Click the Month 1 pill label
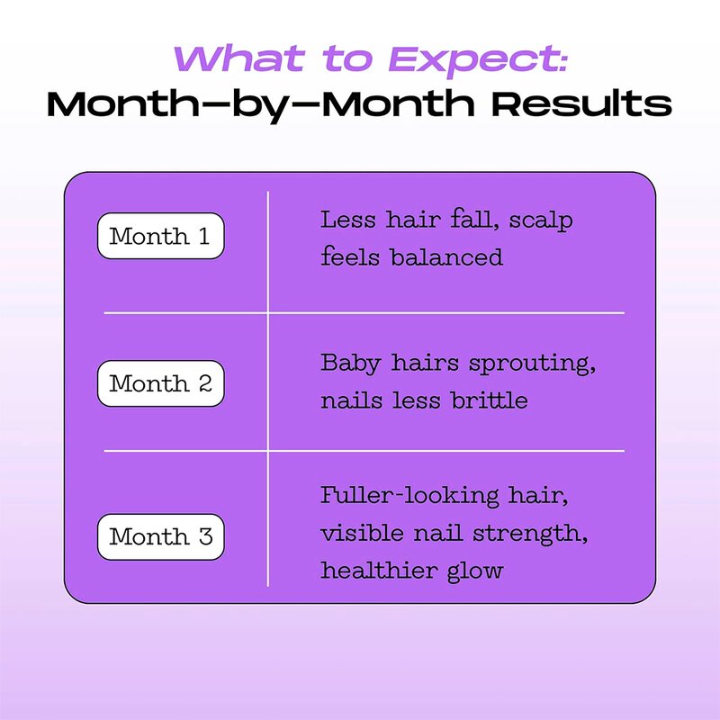pos(159,237)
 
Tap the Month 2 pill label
pos(159,383)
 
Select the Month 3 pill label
pos(159,537)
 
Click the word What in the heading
pos(229,58)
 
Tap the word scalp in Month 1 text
pos(540,220)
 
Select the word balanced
pos(446,257)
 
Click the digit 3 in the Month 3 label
pos(204,537)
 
